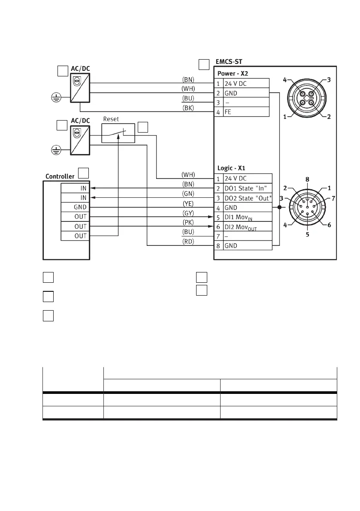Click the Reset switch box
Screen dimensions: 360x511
tap(118, 133)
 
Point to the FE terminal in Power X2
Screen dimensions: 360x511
tap(246, 112)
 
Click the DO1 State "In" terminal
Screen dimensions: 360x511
tap(248, 188)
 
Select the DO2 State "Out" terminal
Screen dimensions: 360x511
tap(248, 198)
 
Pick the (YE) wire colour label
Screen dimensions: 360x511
tap(188, 204)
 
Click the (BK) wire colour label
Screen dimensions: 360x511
tap(188, 108)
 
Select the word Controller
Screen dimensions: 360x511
tap(60, 176)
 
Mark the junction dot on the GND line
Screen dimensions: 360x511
tap(279, 207)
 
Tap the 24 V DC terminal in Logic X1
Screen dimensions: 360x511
tap(248, 178)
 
